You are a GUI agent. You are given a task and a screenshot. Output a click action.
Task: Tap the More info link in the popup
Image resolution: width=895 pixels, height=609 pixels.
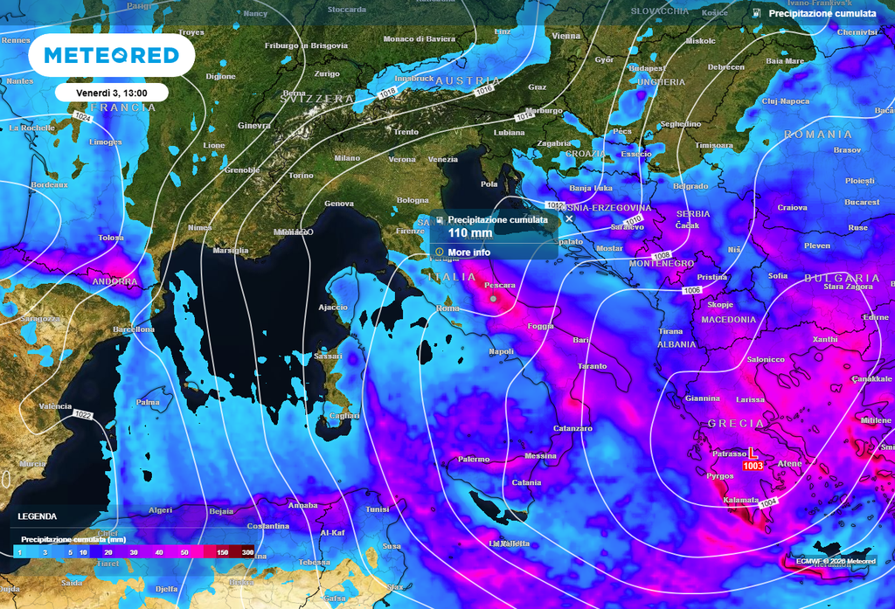pyautogui.click(x=468, y=253)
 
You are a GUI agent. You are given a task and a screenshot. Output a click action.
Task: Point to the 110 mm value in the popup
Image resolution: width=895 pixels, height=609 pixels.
pyautogui.click(x=470, y=233)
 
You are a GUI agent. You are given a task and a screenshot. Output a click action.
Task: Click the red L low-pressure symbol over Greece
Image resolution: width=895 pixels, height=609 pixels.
pyautogui.click(x=753, y=453)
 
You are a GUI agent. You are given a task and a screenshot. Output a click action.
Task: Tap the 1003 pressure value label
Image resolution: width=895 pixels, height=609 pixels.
pyautogui.click(x=753, y=467)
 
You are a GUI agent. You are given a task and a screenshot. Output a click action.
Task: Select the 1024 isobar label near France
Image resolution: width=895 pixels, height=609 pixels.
pyautogui.click(x=83, y=117)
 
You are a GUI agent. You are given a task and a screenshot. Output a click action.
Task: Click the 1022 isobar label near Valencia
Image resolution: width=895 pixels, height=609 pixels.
pyautogui.click(x=83, y=413)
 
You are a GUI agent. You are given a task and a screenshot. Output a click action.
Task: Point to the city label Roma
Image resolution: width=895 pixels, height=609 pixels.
pyautogui.click(x=447, y=308)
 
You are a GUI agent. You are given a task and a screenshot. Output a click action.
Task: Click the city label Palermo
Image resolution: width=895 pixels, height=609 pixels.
pyautogui.click(x=474, y=459)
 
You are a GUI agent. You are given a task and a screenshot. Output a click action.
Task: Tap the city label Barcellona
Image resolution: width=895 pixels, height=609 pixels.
pyautogui.click(x=134, y=329)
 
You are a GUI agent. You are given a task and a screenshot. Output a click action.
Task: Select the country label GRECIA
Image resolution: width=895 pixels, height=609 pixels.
pyautogui.click(x=730, y=423)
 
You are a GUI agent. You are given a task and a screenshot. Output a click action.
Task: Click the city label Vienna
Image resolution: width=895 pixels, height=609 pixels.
pyautogui.click(x=566, y=36)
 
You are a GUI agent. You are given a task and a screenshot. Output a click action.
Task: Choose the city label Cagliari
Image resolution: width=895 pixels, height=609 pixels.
pyautogui.click(x=344, y=416)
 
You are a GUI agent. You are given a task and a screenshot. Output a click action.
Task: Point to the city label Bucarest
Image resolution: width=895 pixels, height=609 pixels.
pyautogui.click(x=862, y=203)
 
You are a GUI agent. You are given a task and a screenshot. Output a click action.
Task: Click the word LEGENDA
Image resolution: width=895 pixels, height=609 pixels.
pyautogui.click(x=37, y=516)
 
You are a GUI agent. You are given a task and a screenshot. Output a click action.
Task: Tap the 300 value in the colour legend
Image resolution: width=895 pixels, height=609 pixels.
pyautogui.click(x=247, y=552)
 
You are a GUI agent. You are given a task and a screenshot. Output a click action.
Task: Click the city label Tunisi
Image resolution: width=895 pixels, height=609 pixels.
pyautogui.click(x=378, y=509)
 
